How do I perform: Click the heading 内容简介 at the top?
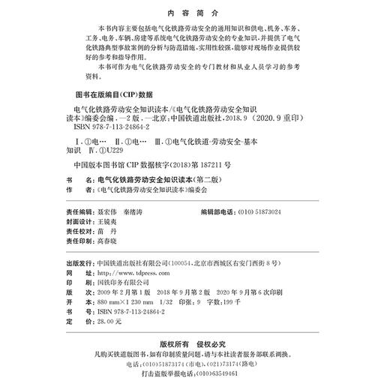pos(194,13)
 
